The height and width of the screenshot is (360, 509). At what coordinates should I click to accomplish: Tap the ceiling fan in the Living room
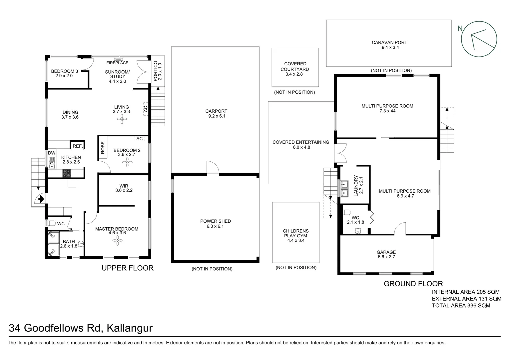coord(122,119)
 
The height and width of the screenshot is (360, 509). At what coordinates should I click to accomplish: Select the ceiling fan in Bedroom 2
coord(127,162)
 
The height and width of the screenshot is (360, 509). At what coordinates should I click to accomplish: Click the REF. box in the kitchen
coord(78,146)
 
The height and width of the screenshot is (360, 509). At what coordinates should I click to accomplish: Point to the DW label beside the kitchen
coord(52,153)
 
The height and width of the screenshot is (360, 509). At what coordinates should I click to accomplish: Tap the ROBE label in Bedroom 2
coord(103,148)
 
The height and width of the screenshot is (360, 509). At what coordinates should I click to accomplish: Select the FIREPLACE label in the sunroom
coord(117,63)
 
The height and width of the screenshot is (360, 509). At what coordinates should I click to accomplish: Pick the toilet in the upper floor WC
coord(51,223)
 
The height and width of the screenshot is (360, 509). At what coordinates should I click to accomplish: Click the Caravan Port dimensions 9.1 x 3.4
coord(389,48)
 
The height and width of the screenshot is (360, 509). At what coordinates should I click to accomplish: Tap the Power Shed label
coord(215,221)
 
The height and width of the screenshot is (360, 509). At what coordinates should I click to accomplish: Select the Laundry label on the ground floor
coord(356,185)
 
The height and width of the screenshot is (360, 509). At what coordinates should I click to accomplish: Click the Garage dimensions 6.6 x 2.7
coord(386,257)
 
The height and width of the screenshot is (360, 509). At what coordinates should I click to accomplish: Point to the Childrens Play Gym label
coord(295,233)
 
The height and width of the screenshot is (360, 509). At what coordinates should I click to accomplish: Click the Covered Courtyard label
coord(295,66)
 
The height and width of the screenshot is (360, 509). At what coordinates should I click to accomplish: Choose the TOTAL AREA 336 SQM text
coord(461,305)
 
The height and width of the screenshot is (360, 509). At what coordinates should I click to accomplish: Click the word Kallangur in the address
coord(130,328)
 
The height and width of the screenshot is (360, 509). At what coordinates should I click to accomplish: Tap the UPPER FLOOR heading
coord(128,268)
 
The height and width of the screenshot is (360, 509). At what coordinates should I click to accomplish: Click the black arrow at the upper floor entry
coord(41,199)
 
